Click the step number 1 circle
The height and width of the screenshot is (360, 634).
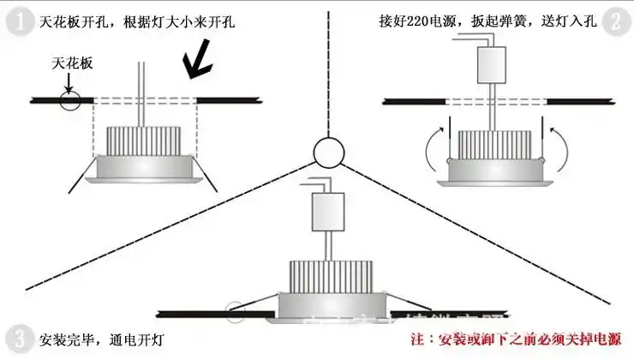tap(17, 21)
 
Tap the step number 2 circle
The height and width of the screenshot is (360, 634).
tap(613, 21)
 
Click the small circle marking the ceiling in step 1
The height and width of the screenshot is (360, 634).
tap(69, 100)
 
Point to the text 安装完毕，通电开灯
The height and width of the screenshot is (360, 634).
tap(93, 339)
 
